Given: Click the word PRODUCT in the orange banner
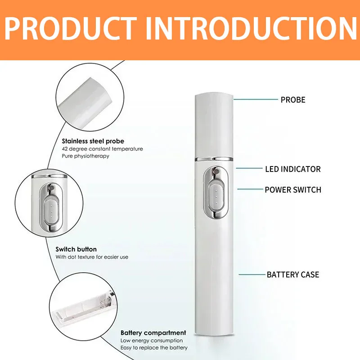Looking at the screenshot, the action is coord(71,28).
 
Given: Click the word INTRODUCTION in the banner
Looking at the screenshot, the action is coord(251,28).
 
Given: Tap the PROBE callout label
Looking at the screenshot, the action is coord(293,99).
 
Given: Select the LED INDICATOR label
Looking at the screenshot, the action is coord(293,169).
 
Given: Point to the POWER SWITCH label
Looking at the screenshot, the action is coord(293,189).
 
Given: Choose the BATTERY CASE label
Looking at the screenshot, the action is coord(293,274).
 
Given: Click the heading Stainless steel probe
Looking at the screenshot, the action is coord(93,141).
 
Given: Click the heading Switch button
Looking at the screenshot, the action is coord(76,249).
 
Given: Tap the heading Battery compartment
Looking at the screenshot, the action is coord(153,333).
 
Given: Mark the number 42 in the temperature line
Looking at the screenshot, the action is coord(64,149).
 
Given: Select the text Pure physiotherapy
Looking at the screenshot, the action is coord(85,156).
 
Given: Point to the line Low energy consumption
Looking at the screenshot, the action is coord(152,341).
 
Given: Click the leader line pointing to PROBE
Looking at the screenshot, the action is coord(256,99).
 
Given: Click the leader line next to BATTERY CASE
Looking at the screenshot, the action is coord(252,274).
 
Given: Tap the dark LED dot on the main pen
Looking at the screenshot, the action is coord(216,171).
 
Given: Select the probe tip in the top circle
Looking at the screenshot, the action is coord(85,100).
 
